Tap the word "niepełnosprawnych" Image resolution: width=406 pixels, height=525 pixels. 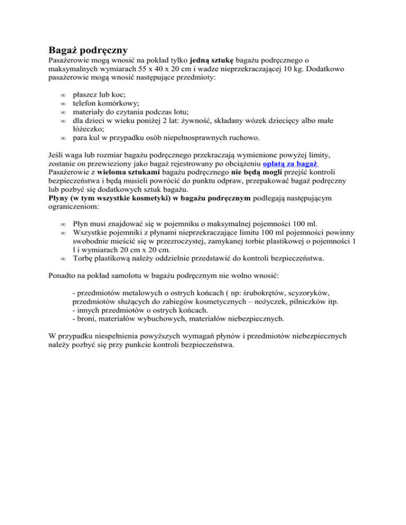tap(184, 138)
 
